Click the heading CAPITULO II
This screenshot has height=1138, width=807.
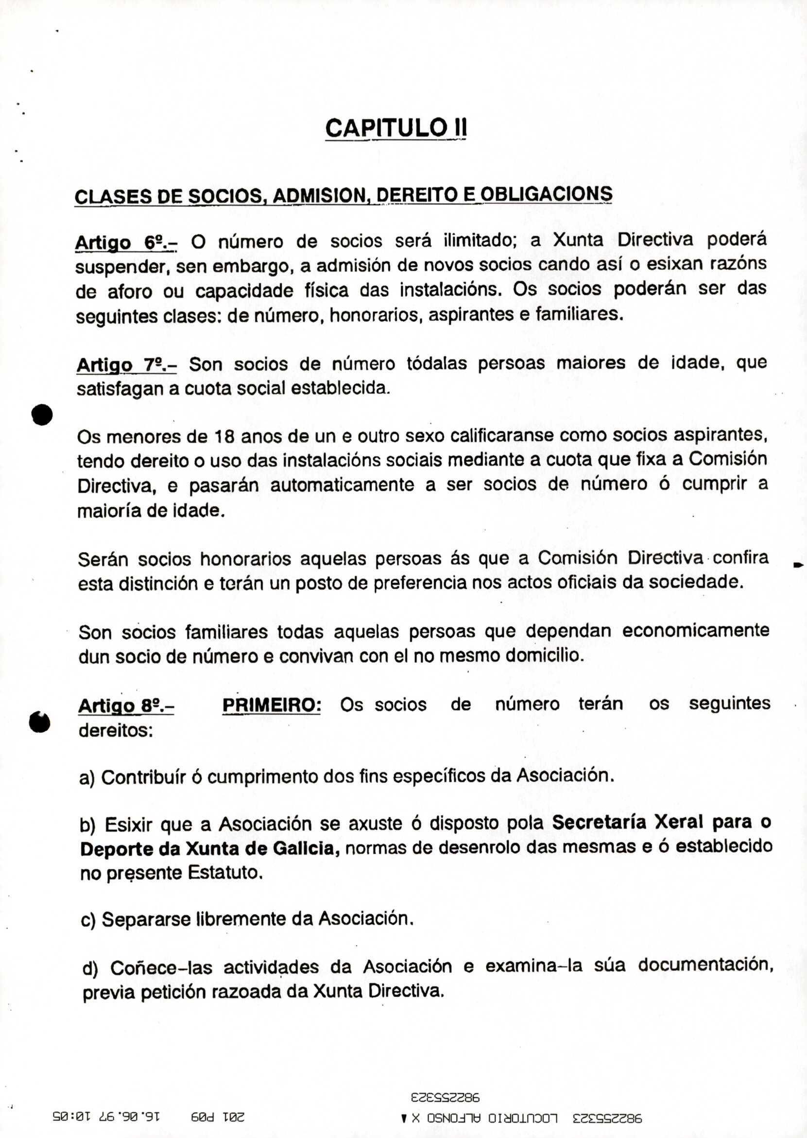(x=396, y=128)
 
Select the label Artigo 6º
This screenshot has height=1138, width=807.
(x=126, y=242)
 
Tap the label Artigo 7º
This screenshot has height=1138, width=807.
(x=126, y=366)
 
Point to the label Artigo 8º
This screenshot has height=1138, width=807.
(x=126, y=706)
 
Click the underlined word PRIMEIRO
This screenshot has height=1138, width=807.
(x=272, y=705)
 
